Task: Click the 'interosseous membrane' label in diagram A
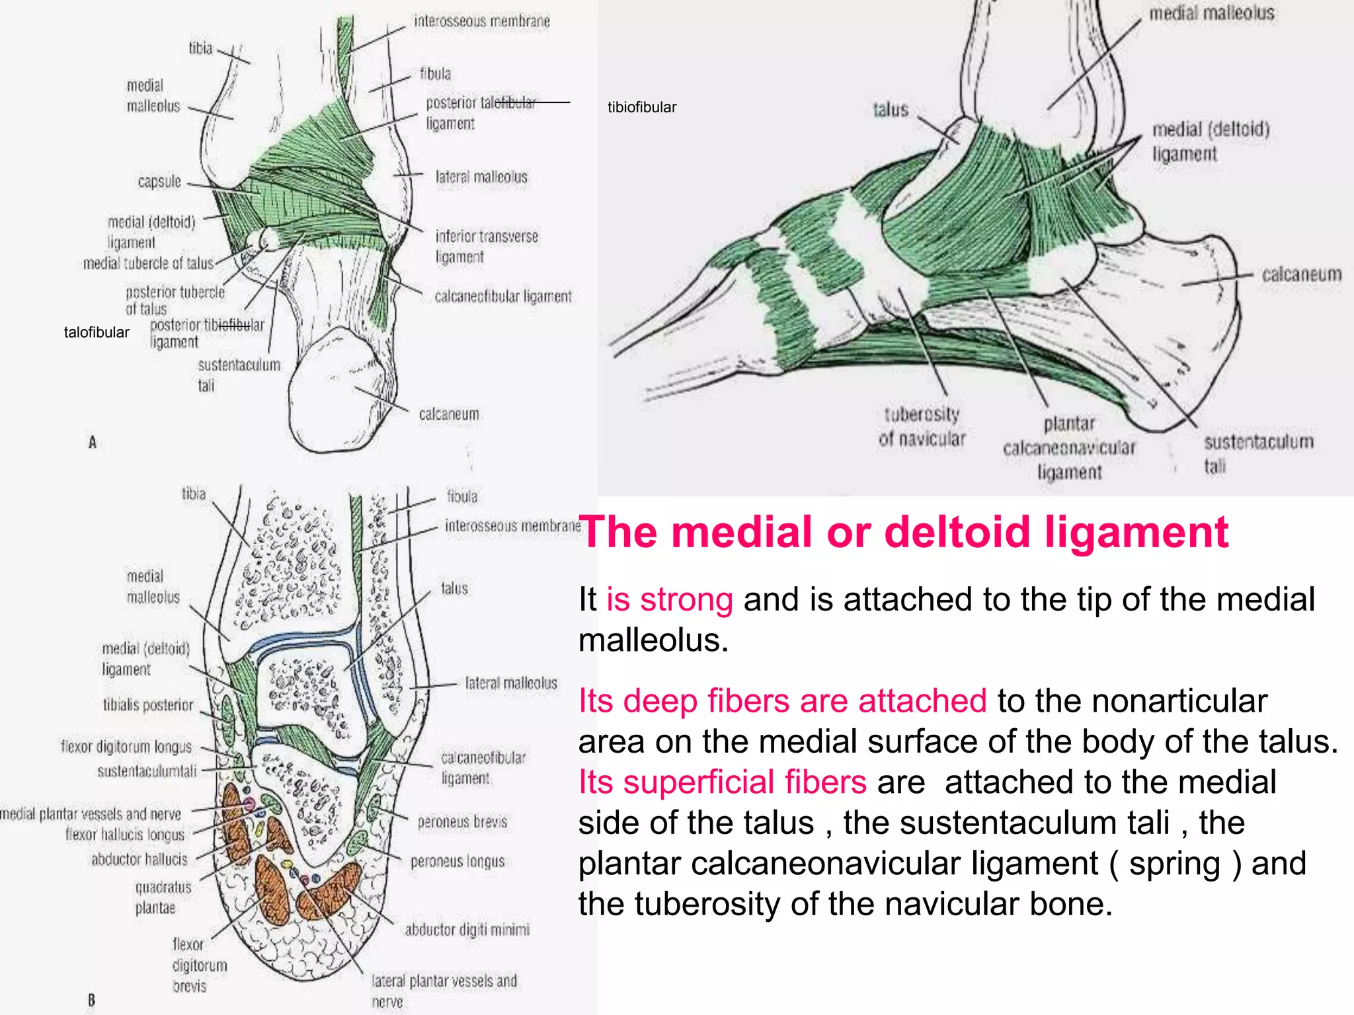coord(481,21)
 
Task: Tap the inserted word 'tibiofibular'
coord(641,107)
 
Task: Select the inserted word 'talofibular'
coord(97,332)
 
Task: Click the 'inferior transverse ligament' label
coord(487,246)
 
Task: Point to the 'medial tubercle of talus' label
coord(148,263)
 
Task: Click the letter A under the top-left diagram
coord(93,442)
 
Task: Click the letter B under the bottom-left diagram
coord(91,1000)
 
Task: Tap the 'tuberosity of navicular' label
coord(922,426)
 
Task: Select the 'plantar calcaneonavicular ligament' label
coord(1069,447)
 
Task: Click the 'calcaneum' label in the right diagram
coord(1301,274)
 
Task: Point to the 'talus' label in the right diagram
coord(891,110)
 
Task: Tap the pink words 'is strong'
coord(669,599)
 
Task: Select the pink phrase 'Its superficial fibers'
coord(722,782)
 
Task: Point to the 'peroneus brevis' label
coord(462,821)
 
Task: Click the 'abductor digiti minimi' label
coord(467,930)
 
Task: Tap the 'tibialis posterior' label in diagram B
coord(148,705)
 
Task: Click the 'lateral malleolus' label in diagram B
coord(511,683)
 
